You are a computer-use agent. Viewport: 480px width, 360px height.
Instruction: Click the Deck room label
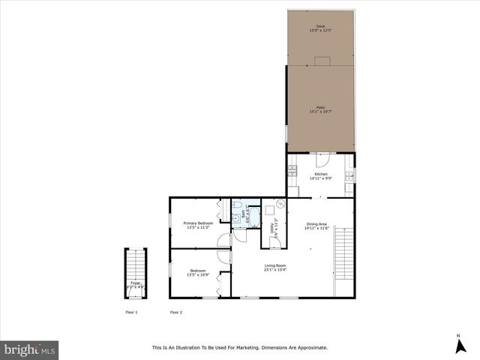(321, 26)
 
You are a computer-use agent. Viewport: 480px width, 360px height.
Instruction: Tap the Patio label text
(321, 108)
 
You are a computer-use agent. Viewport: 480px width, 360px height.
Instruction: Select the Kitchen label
(321, 174)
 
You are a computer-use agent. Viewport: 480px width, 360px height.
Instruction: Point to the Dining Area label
(316, 223)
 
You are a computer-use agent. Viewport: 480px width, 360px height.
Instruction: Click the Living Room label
(275, 265)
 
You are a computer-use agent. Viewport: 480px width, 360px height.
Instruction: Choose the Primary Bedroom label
(198, 223)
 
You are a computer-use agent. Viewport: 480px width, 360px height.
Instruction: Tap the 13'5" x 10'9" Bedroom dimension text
(198, 273)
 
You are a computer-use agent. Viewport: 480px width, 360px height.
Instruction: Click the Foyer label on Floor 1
(136, 283)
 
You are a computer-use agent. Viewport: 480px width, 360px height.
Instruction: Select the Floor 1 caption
(131, 312)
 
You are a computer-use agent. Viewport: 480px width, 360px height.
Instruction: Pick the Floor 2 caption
(176, 312)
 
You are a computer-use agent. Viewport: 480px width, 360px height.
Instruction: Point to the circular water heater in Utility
(280, 203)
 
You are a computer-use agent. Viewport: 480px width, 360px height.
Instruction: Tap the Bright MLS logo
(30, 349)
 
